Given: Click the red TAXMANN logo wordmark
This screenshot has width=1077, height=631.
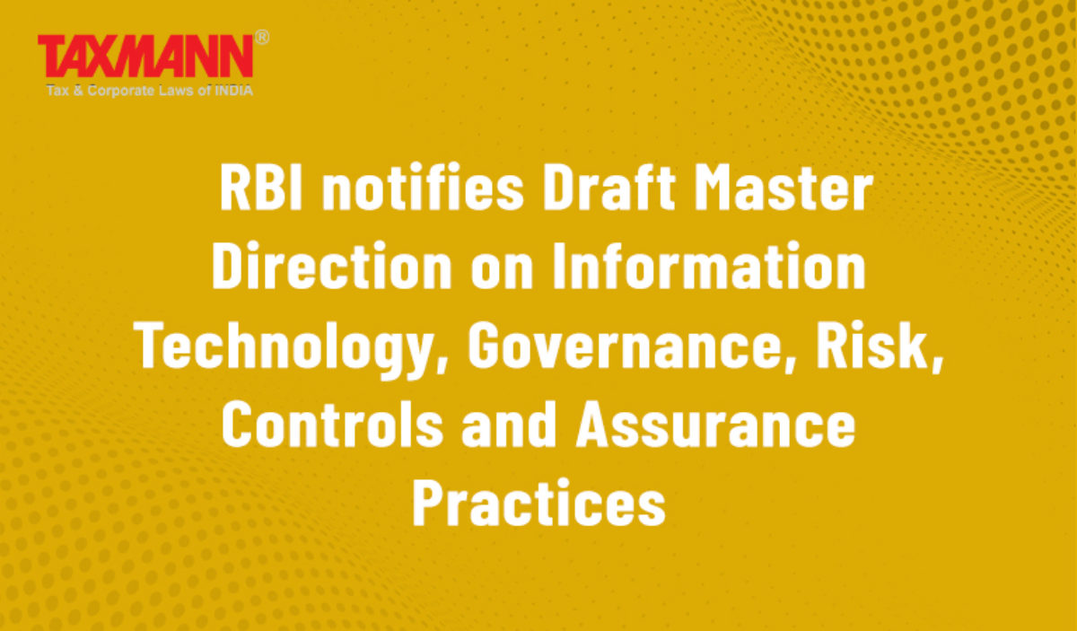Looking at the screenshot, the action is [x=145, y=57].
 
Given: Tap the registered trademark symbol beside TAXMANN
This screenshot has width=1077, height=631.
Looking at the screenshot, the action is [x=261, y=38].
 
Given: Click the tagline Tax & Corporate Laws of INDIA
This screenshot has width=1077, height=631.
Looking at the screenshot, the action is [x=150, y=91].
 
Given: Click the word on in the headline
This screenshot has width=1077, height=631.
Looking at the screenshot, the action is [x=502, y=272].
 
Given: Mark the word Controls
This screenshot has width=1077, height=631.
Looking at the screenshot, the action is [x=332, y=424].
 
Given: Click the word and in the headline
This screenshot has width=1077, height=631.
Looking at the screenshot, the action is [x=509, y=424].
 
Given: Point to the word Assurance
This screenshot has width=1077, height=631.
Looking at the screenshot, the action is [x=716, y=425].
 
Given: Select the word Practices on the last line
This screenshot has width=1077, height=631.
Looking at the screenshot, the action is [x=539, y=502].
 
